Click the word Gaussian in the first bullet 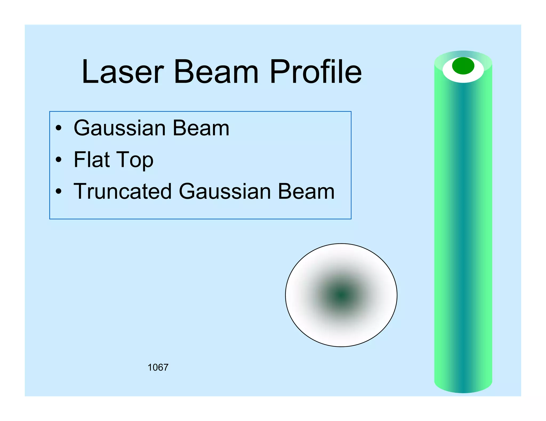[x=119, y=128]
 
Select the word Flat [x=92, y=160]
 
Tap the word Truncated [x=123, y=191]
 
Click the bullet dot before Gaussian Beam [x=59, y=128]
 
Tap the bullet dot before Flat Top [x=59, y=160]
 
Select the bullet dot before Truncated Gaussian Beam [x=59, y=191]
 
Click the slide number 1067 [x=158, y=368]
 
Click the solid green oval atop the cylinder [x=463, y=66]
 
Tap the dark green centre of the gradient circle [x=341, y=295]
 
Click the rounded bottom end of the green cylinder [x=463, y=389]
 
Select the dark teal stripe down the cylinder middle [x=463, y=226]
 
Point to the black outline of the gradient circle [x=286, y=295]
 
